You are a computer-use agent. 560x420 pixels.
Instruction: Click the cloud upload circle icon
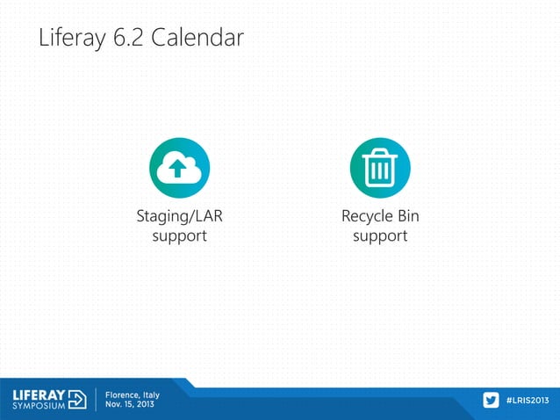pos(179,168)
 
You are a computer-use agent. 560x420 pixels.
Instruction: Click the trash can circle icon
pos(380,168)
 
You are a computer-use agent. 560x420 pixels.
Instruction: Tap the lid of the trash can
pos(380,154)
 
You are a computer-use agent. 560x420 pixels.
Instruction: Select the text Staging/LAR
pos(179,216)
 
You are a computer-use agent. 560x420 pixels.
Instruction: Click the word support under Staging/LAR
pos(179,235)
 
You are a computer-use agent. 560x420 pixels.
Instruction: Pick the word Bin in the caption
pos(408,216)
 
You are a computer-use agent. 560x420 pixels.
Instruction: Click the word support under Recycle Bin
pos(380,235)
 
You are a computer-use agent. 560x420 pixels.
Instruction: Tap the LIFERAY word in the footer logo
pos(38,395)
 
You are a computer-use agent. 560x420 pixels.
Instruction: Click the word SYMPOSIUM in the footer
pos(38,407)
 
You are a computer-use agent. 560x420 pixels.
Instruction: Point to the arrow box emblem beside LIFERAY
pos(77,400)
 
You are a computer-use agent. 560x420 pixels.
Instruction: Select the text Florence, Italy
pos(133,395)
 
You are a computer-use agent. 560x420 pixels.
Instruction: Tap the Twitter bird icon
pos(491,401)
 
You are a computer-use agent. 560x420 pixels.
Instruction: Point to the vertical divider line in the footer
pos(95,400)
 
